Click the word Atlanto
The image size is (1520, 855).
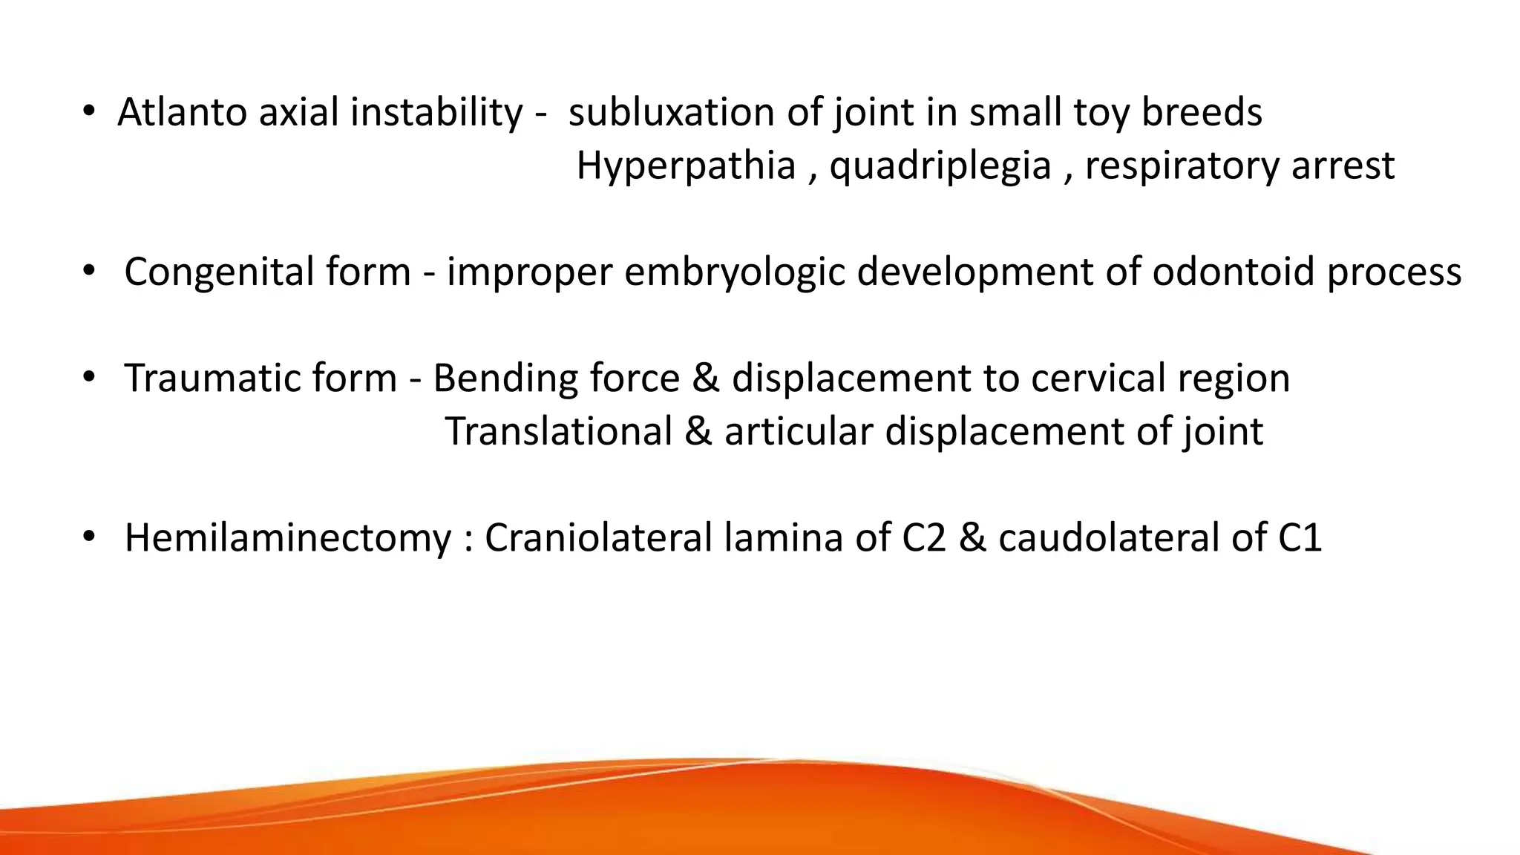[182, 113]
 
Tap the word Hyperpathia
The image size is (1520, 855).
[686, 166]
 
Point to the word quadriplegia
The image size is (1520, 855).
[940, 166]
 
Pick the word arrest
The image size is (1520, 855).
[1343, 166]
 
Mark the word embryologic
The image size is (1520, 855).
[734, 272]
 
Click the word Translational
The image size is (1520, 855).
[558, 431]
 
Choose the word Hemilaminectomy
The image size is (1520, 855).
[288, 538]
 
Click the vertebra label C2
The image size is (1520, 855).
[924, 538]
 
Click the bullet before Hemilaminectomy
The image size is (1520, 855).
[89, 537]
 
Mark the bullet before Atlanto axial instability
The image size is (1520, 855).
[89, 111]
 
